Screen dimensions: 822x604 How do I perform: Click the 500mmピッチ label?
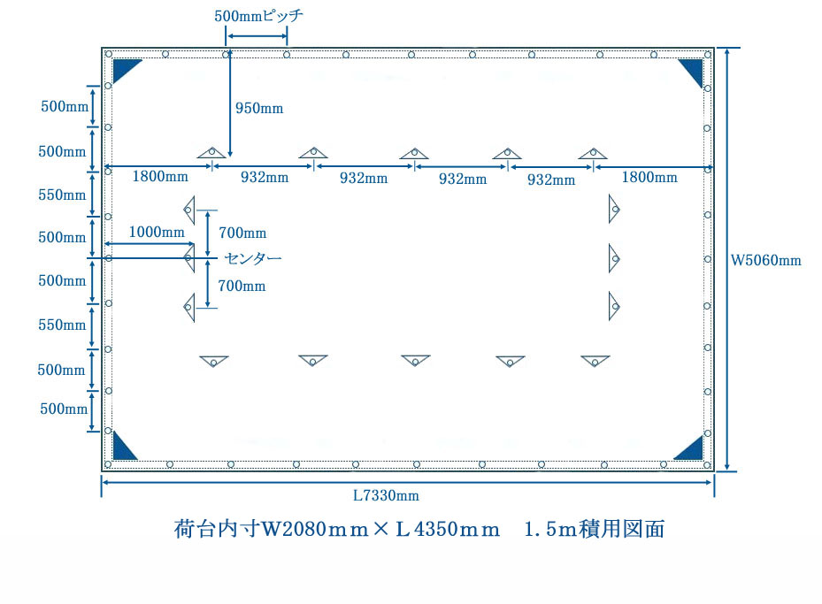(x=258, y=16)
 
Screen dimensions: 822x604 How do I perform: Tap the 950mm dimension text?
(x=259, y=109)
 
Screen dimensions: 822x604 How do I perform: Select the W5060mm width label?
(x=766, y=260)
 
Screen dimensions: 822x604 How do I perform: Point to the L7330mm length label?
(x=386, y=495)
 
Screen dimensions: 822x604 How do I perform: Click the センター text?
(x=253, y=258)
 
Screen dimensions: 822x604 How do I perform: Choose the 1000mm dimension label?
(x=157, y=232)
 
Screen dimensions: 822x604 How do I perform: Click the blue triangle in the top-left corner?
(x=126, y=70)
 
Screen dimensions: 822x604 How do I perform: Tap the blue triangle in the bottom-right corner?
(x=690, y=449)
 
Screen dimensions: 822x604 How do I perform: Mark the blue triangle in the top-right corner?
(x=693, y=71)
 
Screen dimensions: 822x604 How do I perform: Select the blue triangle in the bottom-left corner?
(x=123, y=447)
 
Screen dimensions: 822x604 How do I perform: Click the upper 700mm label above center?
(x=242, y=233)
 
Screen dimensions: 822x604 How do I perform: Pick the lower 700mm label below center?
(x=242, y=286)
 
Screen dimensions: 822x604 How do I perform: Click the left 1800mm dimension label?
(x=160, y=176)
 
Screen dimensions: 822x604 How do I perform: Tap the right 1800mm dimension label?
(x=649, y=177)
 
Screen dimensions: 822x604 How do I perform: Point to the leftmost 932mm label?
(x=265, y=177)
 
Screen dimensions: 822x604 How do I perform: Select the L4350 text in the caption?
(x=426, y=529)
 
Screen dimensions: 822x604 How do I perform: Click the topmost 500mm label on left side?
(x=65, y=106)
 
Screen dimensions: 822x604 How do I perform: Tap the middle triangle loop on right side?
(x=614, y=258)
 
